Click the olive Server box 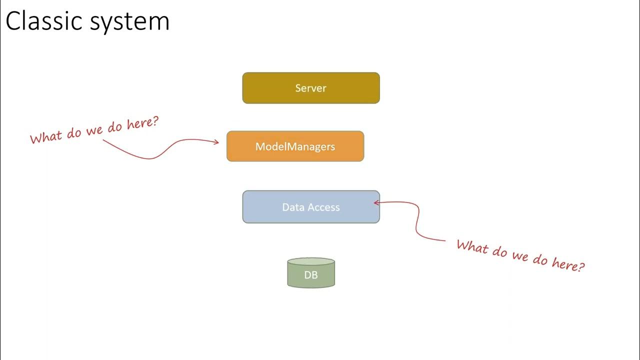[311, 88]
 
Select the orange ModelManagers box [295, 146]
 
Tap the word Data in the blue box [293, 207]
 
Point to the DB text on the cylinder [311, 274]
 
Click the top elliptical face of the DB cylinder [311, 261]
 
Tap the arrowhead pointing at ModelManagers [216, 142]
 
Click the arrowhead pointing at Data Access [376, 202]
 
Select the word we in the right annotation [520, 256]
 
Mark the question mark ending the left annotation [155, 120]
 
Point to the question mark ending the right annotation [580, 266]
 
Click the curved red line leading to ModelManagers [150, 158]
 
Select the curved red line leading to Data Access [417, 225]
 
